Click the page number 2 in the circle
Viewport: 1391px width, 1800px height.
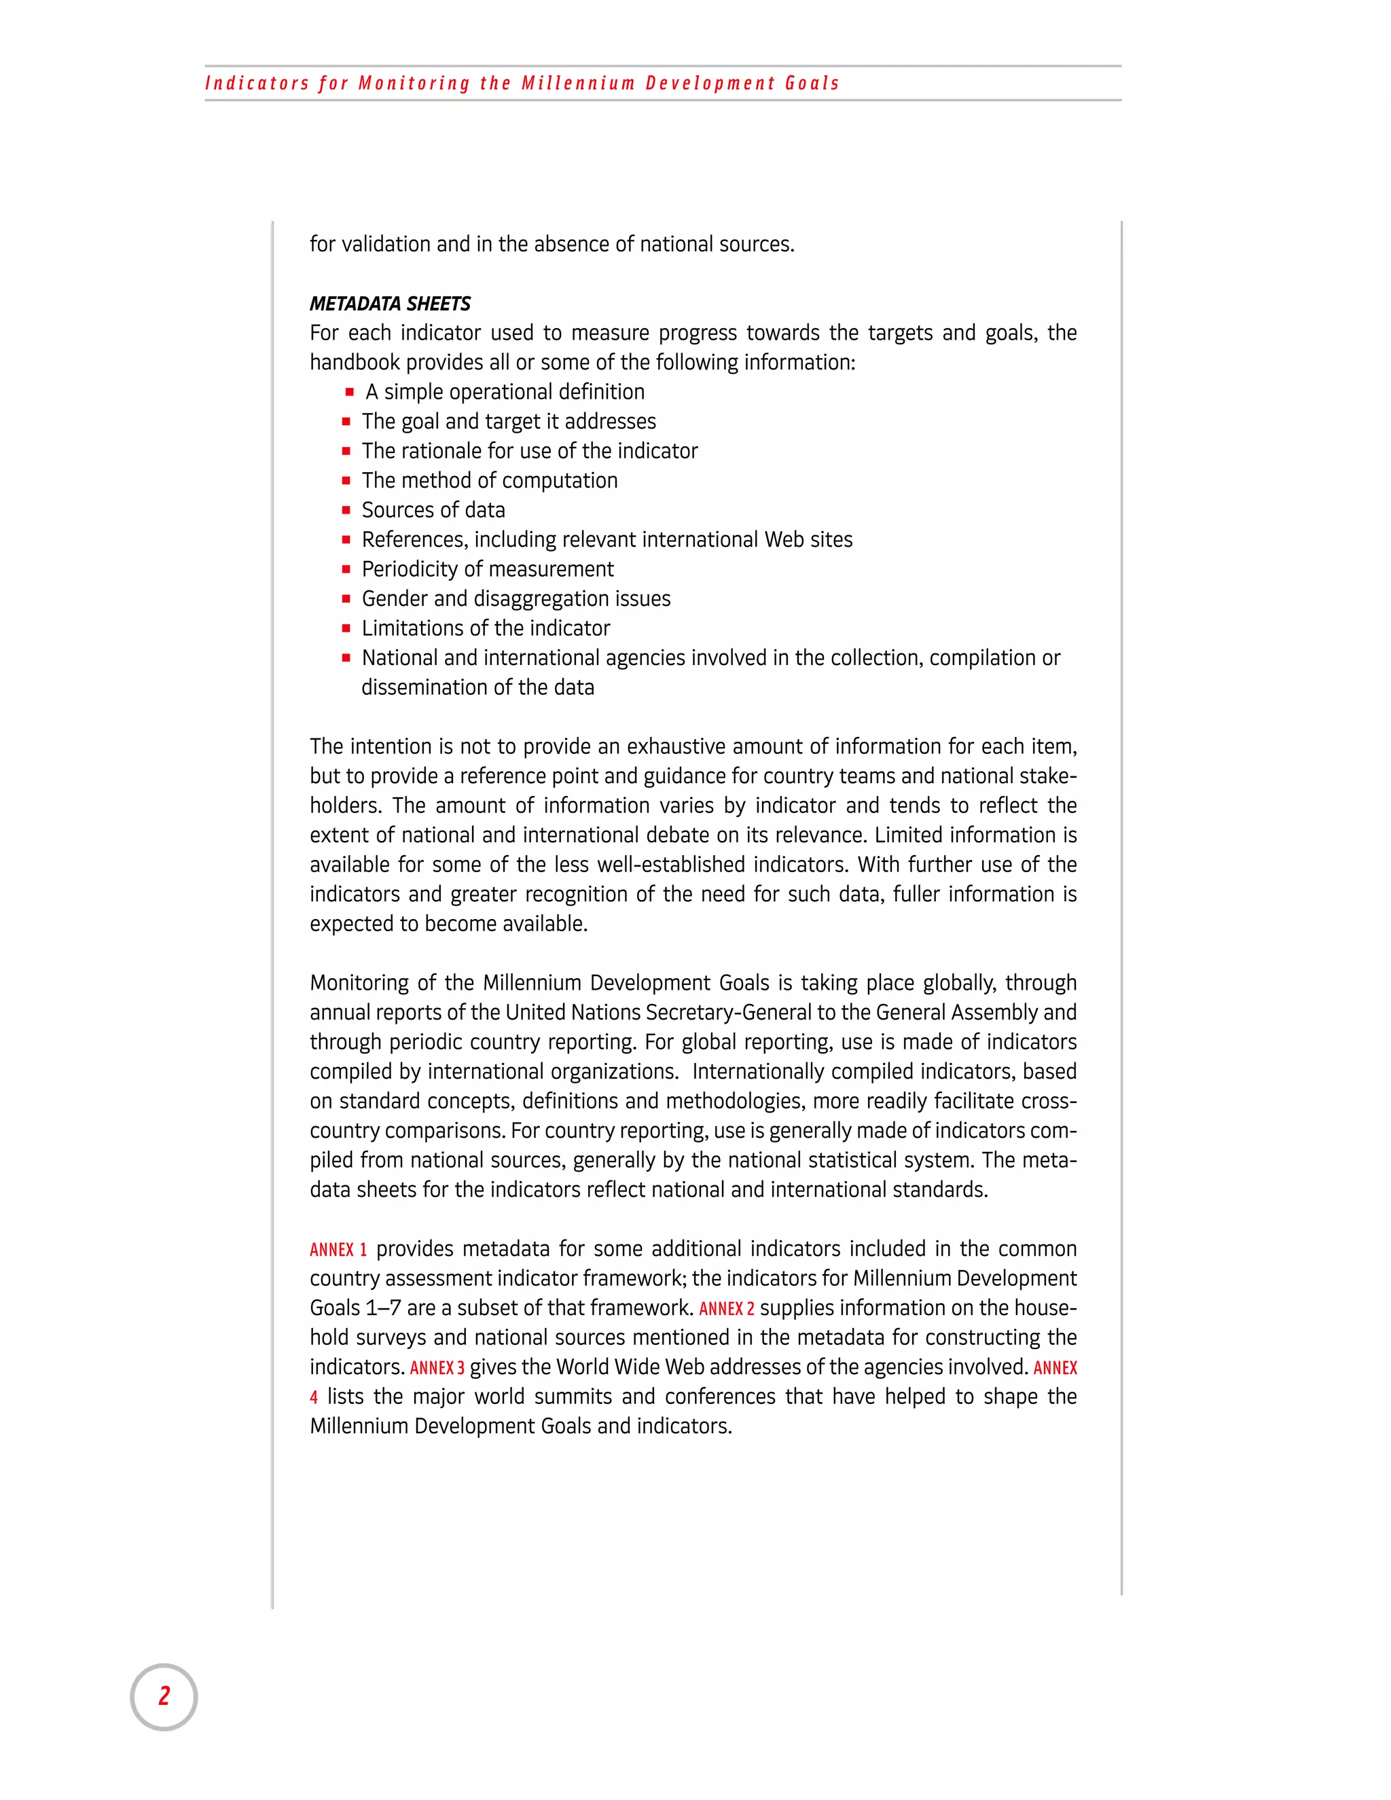(x=164, y=1696)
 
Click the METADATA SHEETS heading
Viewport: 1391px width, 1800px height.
(x=390, y=304)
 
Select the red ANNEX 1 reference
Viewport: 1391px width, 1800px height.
(x=338, y=1249)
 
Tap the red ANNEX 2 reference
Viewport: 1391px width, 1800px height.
(x=726, y=1309)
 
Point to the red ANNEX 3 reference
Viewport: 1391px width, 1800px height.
(x=437, y=1368)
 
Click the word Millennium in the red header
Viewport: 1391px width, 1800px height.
(x=578, y=84)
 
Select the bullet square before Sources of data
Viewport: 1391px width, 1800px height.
(x=346, y=510)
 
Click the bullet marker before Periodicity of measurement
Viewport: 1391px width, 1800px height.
(x=346, y=569)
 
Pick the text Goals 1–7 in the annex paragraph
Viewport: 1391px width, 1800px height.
(x=355, y=1309)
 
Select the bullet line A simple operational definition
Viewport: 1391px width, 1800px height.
(x=505, y=393)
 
